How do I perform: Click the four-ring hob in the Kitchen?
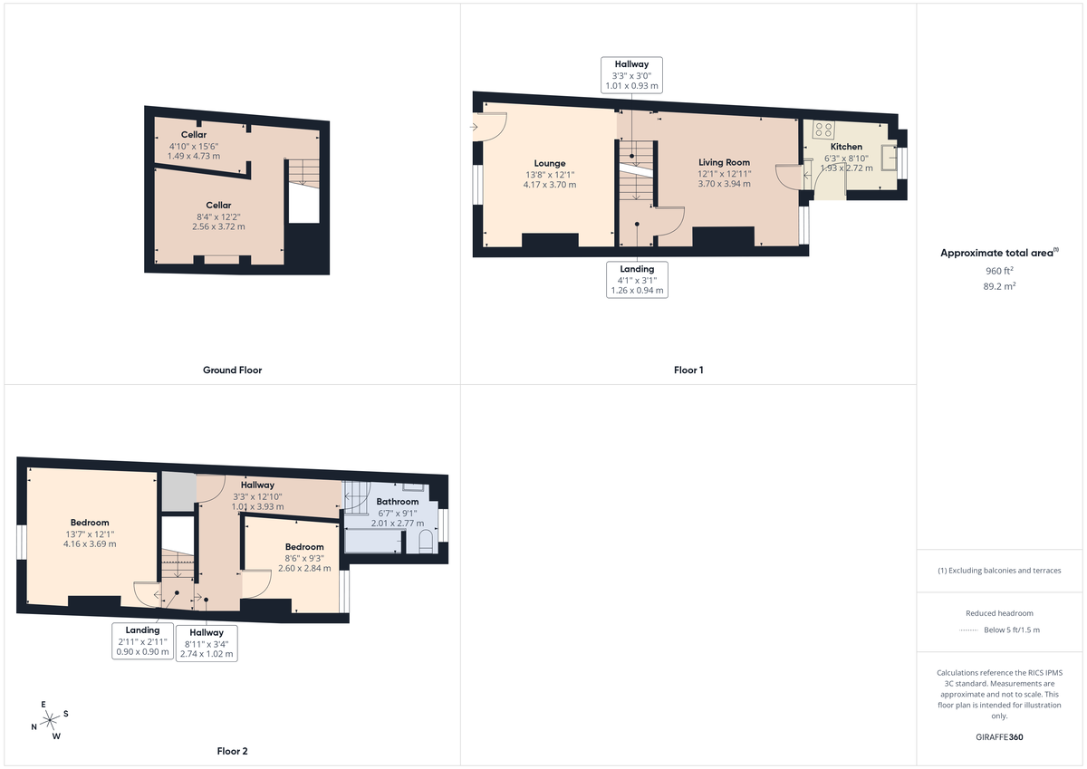tap(823, 130)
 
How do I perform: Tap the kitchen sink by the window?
tap(889, 159)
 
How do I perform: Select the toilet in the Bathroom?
tap(426, 540)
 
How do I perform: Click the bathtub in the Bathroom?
tap(372, 541)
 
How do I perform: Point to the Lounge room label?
tap(549, 164)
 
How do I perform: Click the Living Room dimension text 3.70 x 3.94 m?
tap(724, 184)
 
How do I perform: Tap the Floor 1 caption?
tap(688, 370)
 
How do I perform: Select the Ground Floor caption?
tap(233, 370)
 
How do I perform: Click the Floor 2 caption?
tap(232, 751)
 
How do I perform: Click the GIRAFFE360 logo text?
tap(1000, 737)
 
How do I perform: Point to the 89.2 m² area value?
tap(999, 284)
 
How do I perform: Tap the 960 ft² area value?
tap(999, 271)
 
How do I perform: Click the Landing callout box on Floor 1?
tap(638, 281)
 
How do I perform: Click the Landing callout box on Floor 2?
tap(143, 641)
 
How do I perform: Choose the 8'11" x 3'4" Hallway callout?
tap(207, 643)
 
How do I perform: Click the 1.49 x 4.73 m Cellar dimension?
tap(194, 156)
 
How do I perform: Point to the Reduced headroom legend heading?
tap(999, 613)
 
